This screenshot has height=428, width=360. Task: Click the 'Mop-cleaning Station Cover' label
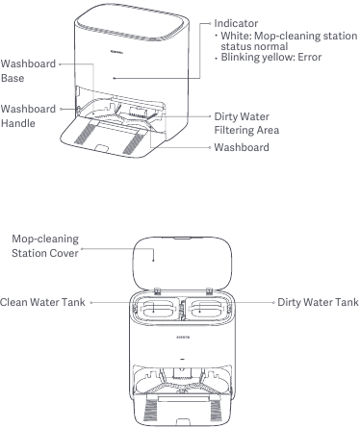point(42,245)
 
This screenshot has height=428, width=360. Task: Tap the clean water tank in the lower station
point(154,307)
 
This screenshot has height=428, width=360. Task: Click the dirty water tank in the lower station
point(209,307)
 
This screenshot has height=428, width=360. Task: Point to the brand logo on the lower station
point(181,338)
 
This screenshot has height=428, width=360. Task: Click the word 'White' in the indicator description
point(235,35)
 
